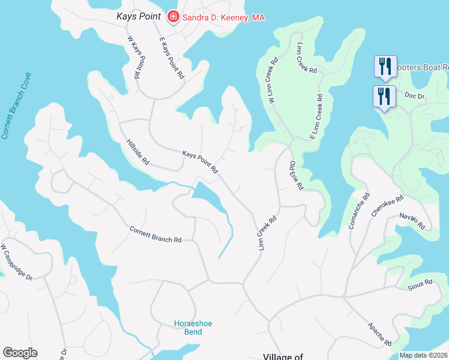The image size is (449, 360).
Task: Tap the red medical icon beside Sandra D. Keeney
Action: coord(173,17)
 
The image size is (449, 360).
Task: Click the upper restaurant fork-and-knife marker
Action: coord(384,66)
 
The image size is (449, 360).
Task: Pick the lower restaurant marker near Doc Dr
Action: coord(383,96)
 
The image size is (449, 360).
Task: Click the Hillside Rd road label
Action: coord(137,152)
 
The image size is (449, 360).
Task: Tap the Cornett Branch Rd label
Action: coord(155,234)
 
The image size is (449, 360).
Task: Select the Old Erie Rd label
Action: coord(297,175)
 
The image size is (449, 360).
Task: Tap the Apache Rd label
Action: coord(379,334)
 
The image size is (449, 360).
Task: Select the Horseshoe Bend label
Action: coord(193,328)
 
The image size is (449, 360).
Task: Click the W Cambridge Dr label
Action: coord(17,261)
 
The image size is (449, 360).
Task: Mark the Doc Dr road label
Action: coord(414,95)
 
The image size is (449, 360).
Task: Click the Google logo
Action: coord(20,353)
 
